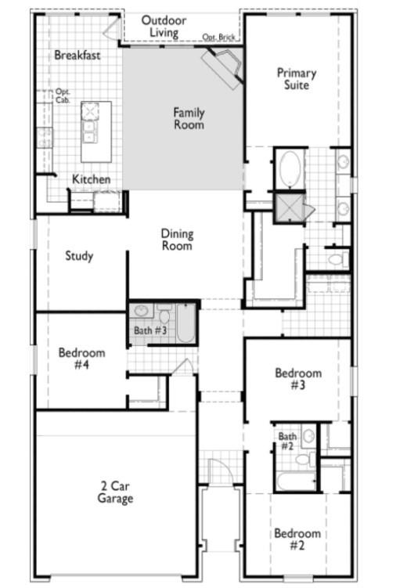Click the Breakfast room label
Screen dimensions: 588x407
point(78,55)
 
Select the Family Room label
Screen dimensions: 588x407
point(189,118)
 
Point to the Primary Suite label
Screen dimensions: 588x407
point(297,78)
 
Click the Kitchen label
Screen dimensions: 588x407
point(92,179)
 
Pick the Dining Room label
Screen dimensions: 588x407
point(177,240)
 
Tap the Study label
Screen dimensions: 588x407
point(79,256)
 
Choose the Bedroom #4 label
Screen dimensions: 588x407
point(81,359)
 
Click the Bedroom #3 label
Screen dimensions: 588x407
point(298,379)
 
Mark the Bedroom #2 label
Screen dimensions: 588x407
point(297,539)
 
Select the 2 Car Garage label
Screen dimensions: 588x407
point(115,492)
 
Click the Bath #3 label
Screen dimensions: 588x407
point(149,330)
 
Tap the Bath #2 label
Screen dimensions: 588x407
point(288,441)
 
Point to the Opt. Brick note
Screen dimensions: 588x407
point(219,37)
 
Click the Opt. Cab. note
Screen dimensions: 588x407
point(63,96)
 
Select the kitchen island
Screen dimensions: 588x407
point(95,123)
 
